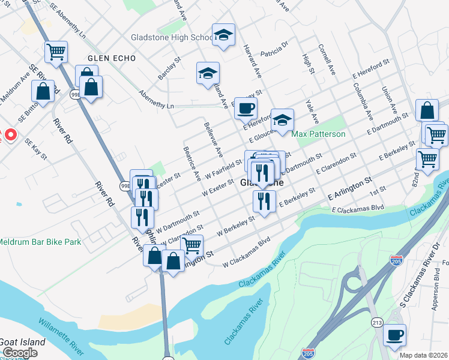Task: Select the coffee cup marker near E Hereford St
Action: pyautogui.click(x=245, y=108)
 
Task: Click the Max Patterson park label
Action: pyautogui.click(x=319, y=134)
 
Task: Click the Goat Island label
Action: pyautogui.click(x=22, y=342)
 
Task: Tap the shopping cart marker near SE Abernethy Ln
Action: pyautogui.click(x=56, y=52)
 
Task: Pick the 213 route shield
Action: pyautogui.click(x=376, y=322)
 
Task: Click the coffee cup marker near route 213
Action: pyautogui.click(x=394, y=335)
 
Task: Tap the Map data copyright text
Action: pyautogui.click(x=423, y=355)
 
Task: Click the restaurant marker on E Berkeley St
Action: pyautogui.click(x=264, y=202)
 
